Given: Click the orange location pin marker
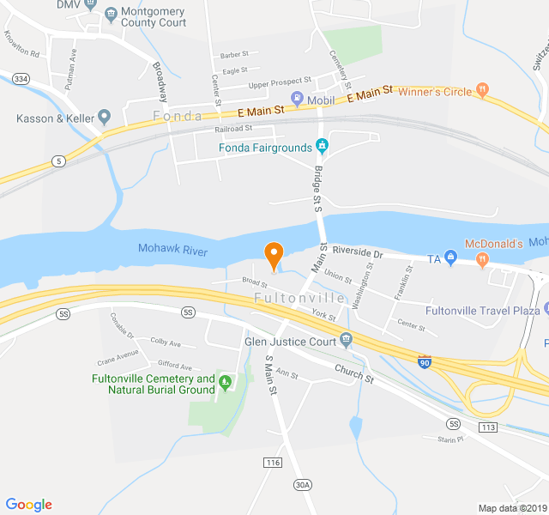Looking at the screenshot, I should tap(274, 255).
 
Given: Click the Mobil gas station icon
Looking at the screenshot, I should tap(297, 100).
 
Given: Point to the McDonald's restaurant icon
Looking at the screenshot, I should tap(483, 258).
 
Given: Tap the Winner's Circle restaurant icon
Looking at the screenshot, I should tap(482, 88).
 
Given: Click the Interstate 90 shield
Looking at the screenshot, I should tap(425, 363).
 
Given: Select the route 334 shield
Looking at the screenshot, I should tap(21, 79).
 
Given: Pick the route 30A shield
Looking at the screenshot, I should tap(302, 485).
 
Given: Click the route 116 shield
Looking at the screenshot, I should tap(273, 463).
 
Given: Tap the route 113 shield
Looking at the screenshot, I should tap(489, 427).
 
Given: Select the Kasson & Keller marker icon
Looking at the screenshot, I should tap(105, 116).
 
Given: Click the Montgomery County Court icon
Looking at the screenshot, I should tap(111, 14).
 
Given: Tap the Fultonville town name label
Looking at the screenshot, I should tap(299, 298).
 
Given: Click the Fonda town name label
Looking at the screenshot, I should tap(178, 116).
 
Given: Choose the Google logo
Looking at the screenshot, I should tap(28, 505).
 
